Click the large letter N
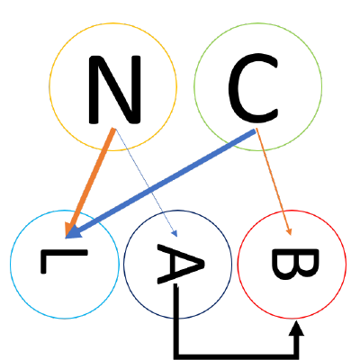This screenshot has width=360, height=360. coord(114,89)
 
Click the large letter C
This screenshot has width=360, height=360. coord(254,88)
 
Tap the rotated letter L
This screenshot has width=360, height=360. coord(64,261)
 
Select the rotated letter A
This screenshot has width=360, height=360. coord(181,264)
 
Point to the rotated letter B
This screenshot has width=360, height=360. coord(294,264)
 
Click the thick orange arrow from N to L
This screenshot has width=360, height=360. coord(90,183)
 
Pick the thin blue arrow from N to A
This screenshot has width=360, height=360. coord(147,183)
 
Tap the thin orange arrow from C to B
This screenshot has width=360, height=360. coord(274,182)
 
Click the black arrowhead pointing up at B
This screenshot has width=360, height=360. coord(297,328)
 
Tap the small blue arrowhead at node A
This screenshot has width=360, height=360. coord(175,234)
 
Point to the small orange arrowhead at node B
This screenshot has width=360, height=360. coord(289,232)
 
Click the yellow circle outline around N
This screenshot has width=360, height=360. coord(113,23)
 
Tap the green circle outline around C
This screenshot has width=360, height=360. coord(258,23)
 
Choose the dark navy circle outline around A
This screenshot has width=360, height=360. coord(178,211)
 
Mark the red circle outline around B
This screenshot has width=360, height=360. coord(292,211)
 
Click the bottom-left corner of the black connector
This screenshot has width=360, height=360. coord(176,356)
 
